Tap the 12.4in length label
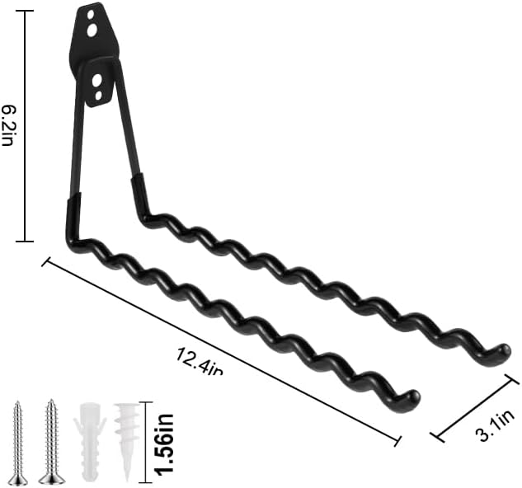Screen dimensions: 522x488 [x=199, y=362]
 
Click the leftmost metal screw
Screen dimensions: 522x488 [x=18, y=443]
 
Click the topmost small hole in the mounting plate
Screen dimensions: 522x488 [x=90, y=15]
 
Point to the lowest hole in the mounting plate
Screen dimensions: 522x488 [x=98, y=96]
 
